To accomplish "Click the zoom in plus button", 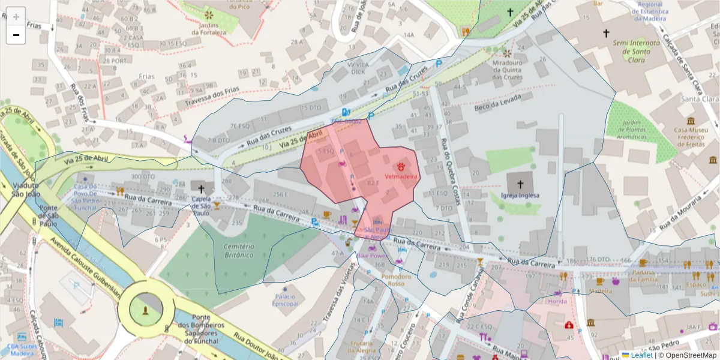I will coord(16,17).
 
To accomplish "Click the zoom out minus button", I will coord(16,35).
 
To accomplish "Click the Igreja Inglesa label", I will coord(520,196).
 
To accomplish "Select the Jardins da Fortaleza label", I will coord(209,28).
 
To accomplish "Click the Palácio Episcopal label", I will coord(285,300).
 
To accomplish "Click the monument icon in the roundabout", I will coord(146,310).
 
